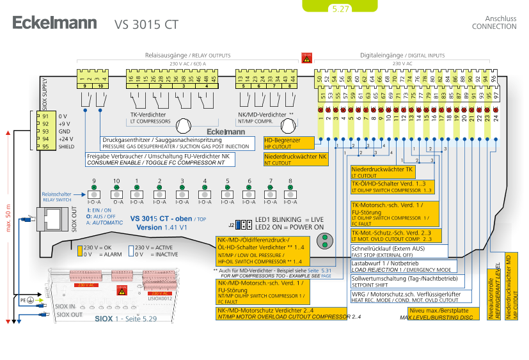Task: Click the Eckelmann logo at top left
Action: [54, 24]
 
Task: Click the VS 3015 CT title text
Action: [146, 25]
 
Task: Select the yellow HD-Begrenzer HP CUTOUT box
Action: [289, 143]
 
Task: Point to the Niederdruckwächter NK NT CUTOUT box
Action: [296, 159]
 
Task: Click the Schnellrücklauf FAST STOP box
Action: [403, 252]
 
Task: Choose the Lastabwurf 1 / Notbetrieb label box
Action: [403, 265]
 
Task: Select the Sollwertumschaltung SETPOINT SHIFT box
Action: [404, 282]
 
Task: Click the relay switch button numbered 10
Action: [116, 193]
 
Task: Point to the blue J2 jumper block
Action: [243, 224]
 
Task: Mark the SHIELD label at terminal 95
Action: [67, 146]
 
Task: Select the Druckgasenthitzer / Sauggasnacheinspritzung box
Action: [177, 143]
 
